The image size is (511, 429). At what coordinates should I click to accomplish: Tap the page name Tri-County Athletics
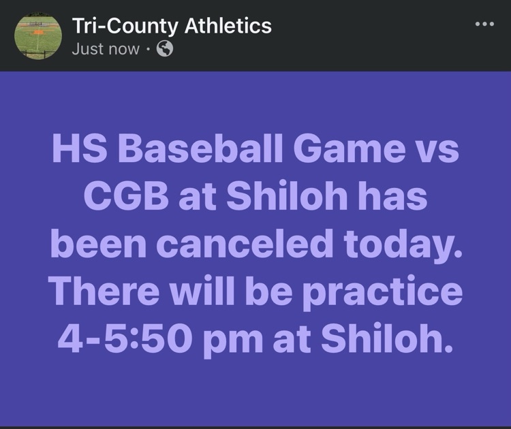[x=172, y=26]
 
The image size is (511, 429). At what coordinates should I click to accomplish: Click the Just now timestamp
[x=106, y=49]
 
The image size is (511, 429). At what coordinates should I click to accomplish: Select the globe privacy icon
[x=165, y=49]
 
